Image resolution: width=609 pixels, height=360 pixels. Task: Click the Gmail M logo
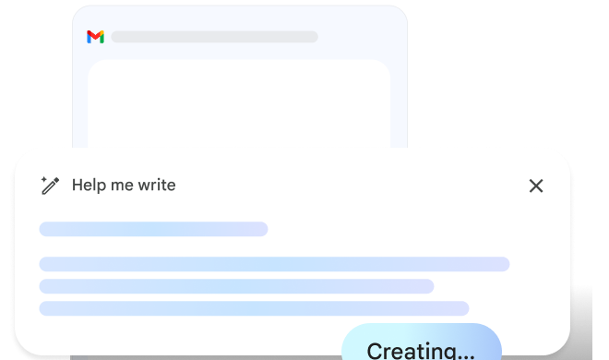click(95, 37)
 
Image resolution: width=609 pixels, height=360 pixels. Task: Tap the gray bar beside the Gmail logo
click(214, 37)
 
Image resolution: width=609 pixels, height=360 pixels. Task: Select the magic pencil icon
click(51, 186)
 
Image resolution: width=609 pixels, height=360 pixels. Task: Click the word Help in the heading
click(88, 186)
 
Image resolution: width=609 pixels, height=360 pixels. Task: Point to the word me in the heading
click(122, 186)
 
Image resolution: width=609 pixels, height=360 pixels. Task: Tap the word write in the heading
click(157, 186)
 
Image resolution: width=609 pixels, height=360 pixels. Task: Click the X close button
click(536, 186)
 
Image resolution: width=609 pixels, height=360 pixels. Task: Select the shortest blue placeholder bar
click(153, 229)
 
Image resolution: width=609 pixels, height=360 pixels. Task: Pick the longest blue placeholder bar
click(274, 264)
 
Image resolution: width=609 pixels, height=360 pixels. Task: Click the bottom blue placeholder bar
click(254, 308)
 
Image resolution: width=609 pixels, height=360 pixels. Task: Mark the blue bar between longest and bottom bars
click(236, 286)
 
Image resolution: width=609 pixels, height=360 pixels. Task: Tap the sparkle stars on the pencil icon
click(44, 179)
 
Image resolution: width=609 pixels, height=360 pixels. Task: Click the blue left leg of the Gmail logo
click(89, 38)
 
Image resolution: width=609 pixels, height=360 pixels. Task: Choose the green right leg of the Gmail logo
click(101, 38)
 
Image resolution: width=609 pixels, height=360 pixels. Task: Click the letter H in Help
click(77, 186)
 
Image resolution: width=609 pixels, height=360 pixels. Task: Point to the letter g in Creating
click(446, 354)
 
